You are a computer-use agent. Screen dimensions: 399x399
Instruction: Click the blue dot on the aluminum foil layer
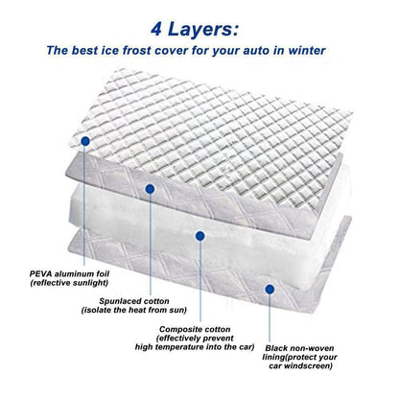click(x=86, y=141)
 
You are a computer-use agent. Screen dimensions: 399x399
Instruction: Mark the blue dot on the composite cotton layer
click(x=199, y=234)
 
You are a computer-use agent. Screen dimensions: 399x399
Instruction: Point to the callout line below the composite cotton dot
click(x=199, y=278)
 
